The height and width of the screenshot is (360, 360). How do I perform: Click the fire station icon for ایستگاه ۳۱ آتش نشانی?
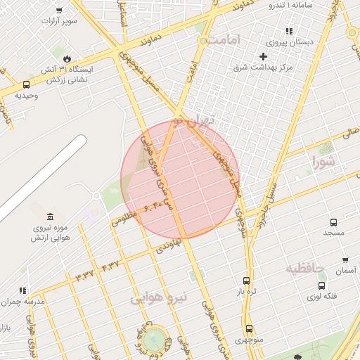[x=67, y=58]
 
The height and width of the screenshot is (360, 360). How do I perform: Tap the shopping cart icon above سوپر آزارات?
[x=58, y=10]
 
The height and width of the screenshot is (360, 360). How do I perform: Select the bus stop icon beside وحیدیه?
[x=26, y=84]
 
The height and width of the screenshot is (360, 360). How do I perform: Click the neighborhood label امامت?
[x=223, y=39]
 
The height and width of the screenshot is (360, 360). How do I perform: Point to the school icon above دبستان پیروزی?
[x=288, y=31]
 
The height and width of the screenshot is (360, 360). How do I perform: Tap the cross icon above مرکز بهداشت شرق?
[x=264, y=56]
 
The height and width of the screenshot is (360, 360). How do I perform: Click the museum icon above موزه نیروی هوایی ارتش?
[x=49, y=217]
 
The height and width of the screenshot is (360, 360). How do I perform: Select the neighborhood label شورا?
[x=326, y=161]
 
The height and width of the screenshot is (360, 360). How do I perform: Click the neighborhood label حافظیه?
[x=304, y=268]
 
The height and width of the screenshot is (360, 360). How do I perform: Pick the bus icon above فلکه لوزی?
[x=321, y=285]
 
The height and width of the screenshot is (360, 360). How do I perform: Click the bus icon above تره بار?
[x=245, y=280]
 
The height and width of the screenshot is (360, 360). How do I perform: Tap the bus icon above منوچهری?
[x=249, y=328]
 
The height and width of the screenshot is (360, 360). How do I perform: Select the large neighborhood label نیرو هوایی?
[x=160, y=297]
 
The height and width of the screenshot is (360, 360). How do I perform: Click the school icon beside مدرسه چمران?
[x=22, y=290]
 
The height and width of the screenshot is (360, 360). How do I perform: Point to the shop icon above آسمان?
[x=345, y=260]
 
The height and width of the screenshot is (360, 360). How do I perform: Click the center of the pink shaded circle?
[x=180, y=180]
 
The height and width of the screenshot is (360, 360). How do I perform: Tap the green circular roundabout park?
[x=156, y=339]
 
